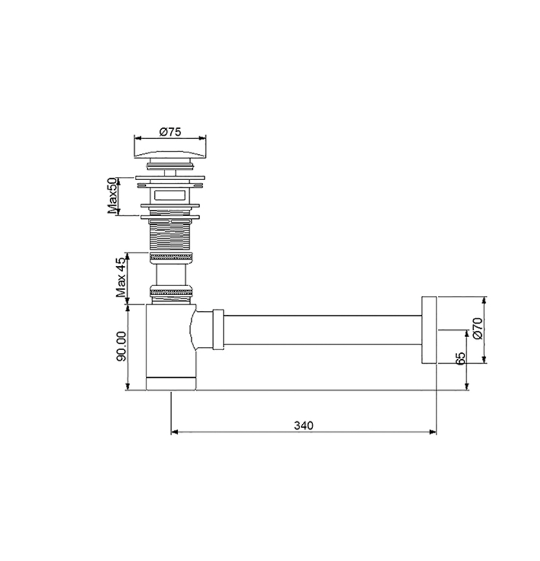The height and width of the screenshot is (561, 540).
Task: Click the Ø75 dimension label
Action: [x=170, y=132]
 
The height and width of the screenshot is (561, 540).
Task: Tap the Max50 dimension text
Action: [x=112, y=196]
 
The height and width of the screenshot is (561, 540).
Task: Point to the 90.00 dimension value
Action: [x=121, y=346]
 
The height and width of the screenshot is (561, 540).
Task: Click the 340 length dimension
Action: [x=303, y=426]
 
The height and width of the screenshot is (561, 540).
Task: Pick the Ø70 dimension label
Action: [x=478, y=328]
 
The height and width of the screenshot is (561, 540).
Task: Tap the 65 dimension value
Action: [x=461, y=359]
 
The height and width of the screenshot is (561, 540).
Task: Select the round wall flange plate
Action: [x=429, y=330]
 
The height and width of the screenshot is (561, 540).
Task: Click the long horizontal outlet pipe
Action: [x=322, y=330]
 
